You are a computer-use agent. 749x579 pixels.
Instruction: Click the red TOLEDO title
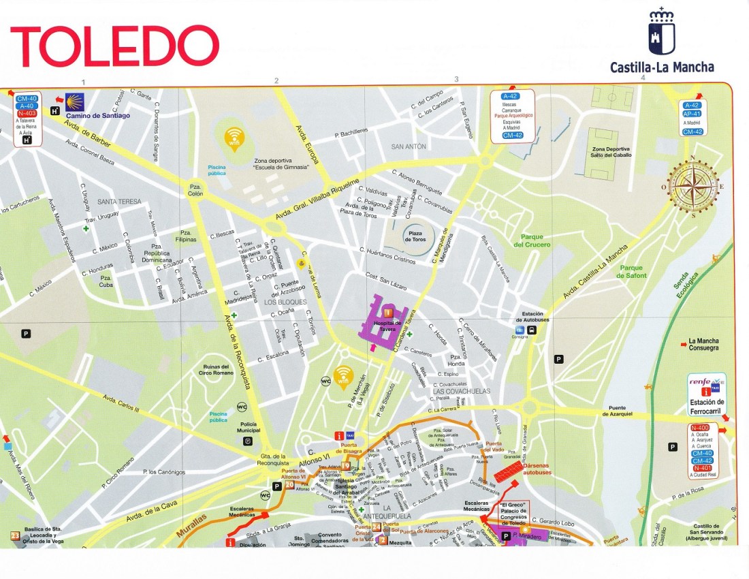click(114, 46)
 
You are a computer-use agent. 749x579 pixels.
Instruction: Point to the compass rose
click(693, 185)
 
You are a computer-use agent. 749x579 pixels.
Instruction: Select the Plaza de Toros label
click(415, 236)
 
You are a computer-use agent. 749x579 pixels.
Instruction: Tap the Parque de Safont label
click(631, 272)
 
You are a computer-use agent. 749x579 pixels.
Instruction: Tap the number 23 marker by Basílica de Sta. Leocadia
click(14, 537)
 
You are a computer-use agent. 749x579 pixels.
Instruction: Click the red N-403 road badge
click(27, 114)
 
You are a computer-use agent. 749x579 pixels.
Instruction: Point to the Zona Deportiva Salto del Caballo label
click(611, 152)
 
